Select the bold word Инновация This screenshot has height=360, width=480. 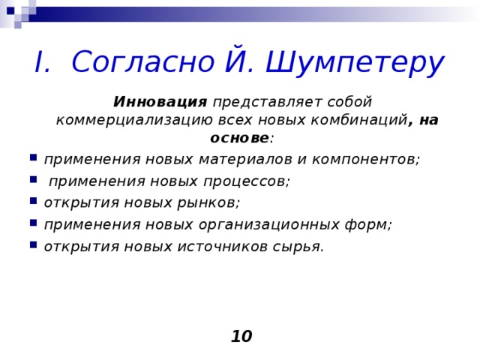[160, 101]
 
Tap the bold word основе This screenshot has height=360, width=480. [239, 139]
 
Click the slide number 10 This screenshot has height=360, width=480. [241, 337]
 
